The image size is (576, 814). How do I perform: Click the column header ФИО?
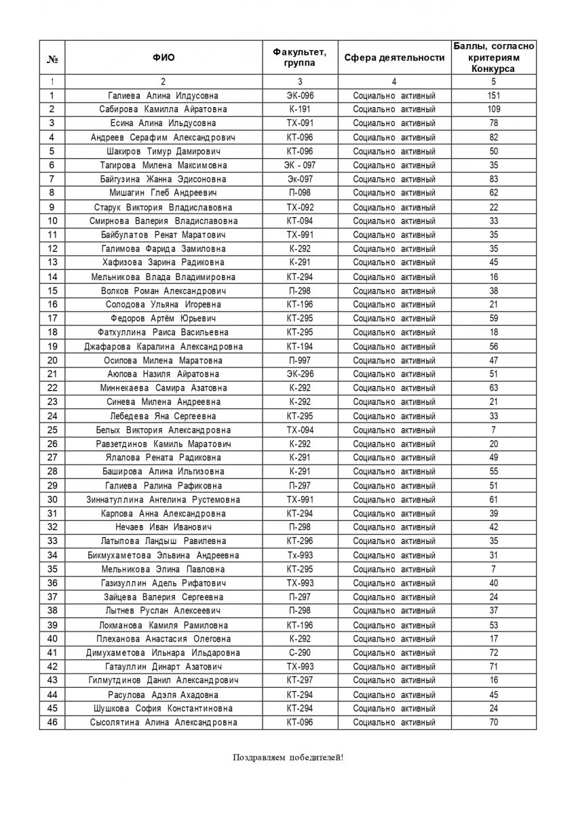point(164,58)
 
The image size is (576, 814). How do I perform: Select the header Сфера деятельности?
point(394,58)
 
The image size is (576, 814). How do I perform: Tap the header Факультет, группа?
point(300,58)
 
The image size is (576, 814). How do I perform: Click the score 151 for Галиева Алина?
point(493,96)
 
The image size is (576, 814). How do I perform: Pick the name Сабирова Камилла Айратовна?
point(164,109)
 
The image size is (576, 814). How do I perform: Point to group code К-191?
point(300,109)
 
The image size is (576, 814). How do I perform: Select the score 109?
point(493,109)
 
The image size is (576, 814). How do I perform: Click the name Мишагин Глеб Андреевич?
point(164,193)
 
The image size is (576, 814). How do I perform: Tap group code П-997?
point(300,360)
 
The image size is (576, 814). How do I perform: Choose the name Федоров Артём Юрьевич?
point(164,319)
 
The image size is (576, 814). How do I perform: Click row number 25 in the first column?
point(52,430)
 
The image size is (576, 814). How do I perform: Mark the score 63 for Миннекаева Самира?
point(493,388)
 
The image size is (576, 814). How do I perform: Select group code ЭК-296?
point(300,374)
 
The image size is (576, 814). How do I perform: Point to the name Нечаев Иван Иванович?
point(164,527)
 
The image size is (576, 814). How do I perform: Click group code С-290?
point(300,653)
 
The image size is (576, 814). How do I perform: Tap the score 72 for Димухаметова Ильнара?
point(493,653)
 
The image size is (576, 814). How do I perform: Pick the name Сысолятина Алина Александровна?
point(164,722)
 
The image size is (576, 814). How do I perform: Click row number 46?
point(52,722)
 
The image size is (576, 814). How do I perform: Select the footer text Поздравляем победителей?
point(288,757)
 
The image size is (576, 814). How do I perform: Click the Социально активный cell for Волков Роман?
point(394,291)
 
